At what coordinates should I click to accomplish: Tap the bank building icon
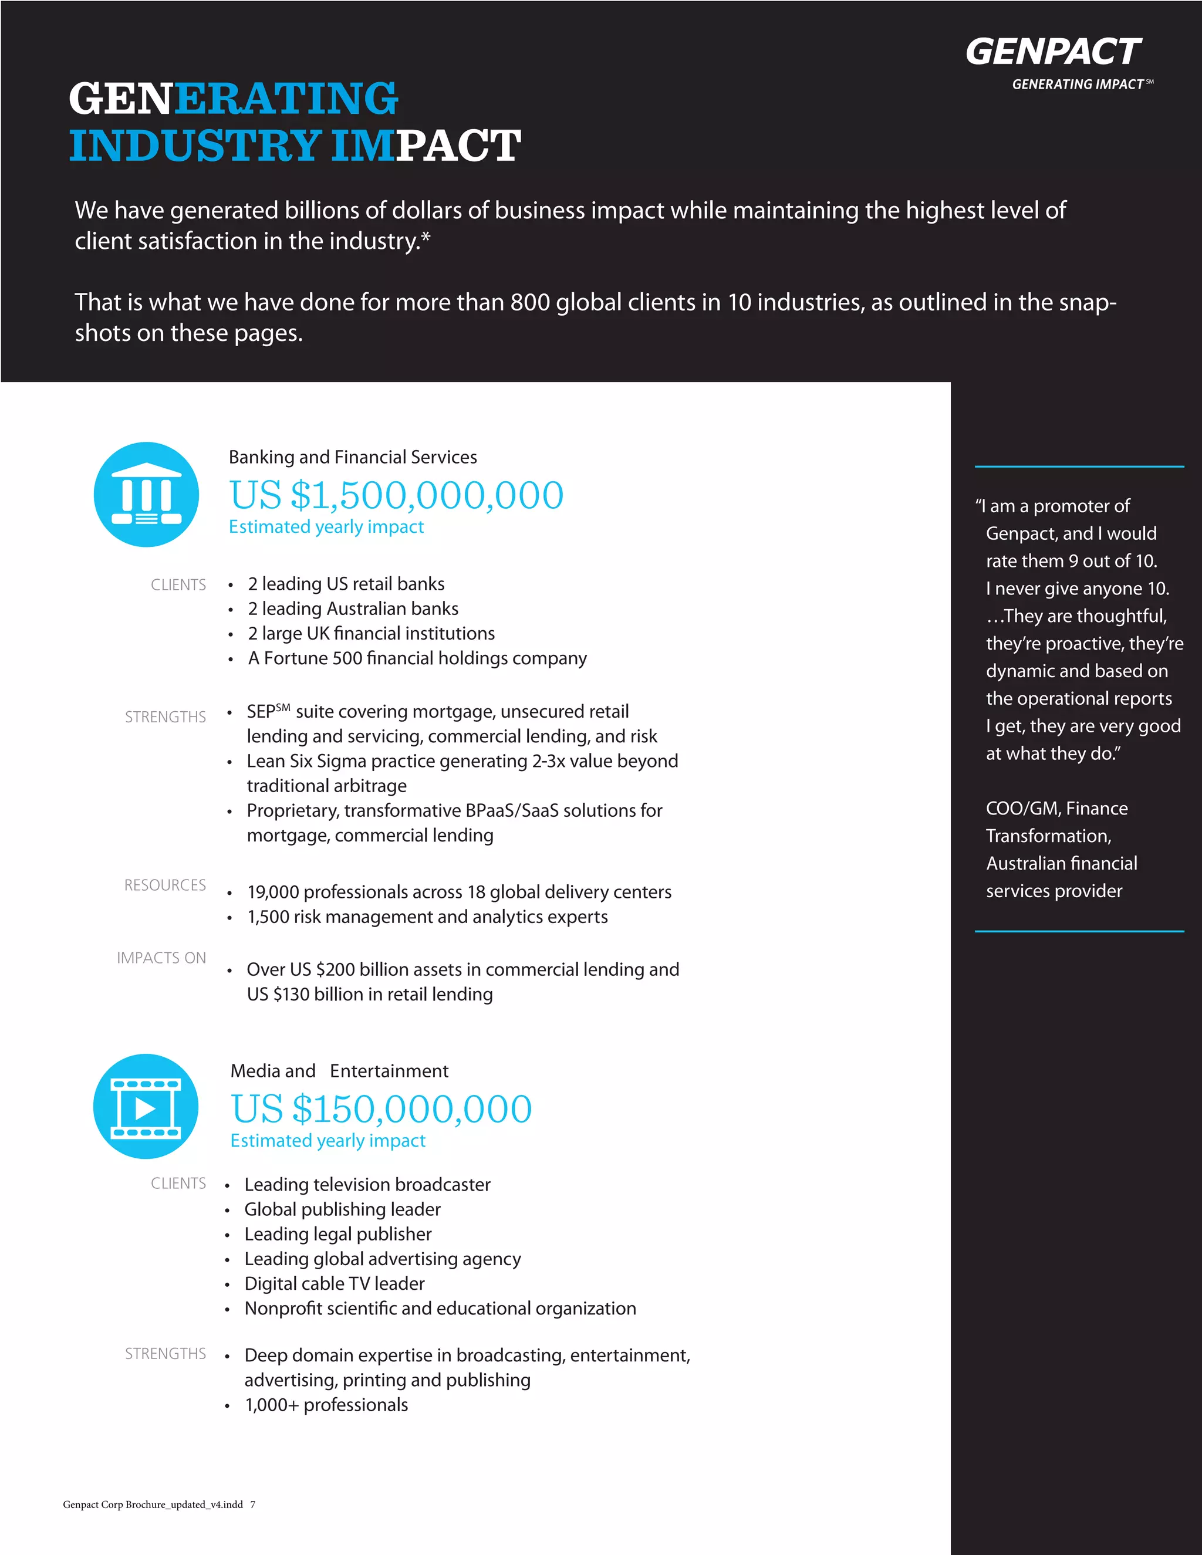[146, 495]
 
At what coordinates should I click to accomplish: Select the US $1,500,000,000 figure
[396, 496]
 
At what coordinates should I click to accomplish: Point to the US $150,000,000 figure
[381, 1109]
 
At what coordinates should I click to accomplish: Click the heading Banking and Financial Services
[353, 457]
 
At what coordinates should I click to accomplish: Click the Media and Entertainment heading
[339, 1071]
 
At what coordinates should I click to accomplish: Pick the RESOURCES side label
[164, 885]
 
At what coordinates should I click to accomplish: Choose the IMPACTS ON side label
[161, 958]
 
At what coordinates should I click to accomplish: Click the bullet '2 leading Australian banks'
[353, 609]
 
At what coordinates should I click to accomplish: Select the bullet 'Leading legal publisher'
[337, 1234]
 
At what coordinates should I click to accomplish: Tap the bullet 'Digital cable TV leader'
[334, 1284]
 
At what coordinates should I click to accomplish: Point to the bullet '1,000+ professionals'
[326, 1405]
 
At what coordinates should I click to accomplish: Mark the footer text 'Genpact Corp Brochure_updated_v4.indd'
[153, 1505]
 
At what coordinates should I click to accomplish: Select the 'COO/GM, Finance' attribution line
[1056, 809]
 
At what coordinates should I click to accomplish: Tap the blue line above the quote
[1079, 467]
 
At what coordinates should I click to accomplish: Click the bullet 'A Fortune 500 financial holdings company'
[417, 658]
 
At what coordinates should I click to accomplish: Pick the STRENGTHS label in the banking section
[165, 717]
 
